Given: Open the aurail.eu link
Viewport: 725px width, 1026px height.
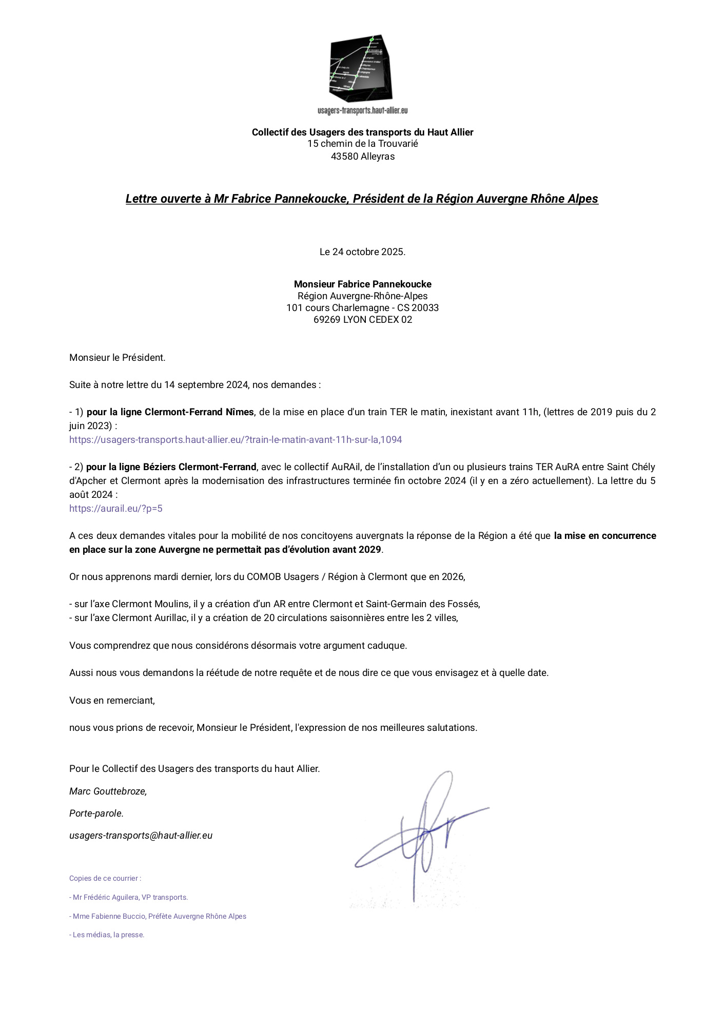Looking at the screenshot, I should [116, 509].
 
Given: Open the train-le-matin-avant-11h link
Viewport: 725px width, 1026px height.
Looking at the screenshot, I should [236, 440].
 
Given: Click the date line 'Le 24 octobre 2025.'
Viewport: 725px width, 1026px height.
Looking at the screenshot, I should [362, 252].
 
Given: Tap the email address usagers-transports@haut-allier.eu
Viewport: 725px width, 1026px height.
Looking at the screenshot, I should [141, 836].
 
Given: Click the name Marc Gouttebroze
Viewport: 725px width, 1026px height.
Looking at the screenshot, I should [108, 791].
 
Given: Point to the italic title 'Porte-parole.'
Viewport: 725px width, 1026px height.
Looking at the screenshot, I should [96, 814].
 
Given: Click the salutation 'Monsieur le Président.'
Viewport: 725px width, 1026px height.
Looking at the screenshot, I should [117, 358].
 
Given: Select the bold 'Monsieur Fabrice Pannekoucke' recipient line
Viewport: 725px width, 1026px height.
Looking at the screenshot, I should [362, 284].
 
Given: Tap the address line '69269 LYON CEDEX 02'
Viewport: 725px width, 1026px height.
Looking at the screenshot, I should [362, 320].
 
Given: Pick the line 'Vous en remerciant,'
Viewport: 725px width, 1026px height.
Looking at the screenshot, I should [112, 701].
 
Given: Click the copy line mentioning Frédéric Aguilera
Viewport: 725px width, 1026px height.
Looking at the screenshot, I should [129, 897].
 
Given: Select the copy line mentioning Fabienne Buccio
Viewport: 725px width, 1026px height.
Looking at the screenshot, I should [158, 916].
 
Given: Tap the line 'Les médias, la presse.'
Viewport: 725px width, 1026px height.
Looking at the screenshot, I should [107, 935].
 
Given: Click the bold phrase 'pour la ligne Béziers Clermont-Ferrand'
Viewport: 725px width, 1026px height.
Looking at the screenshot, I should [171, 467].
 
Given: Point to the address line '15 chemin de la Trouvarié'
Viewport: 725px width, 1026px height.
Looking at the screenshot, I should [362, 144].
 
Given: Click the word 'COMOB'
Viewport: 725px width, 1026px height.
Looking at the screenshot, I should [263, 577].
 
